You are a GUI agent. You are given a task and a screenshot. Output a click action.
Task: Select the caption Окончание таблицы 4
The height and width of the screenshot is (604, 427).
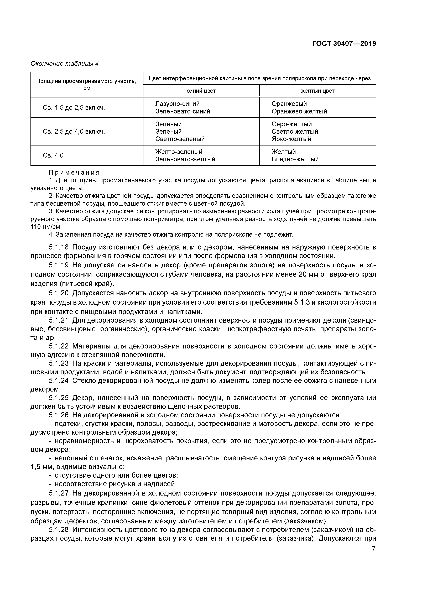pos(64,64)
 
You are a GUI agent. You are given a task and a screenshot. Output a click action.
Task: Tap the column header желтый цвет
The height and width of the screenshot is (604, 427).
pos(317,91)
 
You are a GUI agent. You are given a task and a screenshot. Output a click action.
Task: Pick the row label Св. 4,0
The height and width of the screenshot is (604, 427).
pos(53,155)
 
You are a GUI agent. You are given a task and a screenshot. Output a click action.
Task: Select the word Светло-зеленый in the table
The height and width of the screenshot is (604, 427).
pos(180,139)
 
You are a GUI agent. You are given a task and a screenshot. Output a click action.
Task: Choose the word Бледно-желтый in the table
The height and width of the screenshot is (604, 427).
pos(295,159)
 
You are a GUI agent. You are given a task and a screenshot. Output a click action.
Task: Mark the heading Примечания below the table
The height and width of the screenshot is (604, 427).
pos(74,173)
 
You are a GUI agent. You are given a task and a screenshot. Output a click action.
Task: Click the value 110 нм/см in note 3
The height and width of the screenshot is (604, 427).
pos(46,227)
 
